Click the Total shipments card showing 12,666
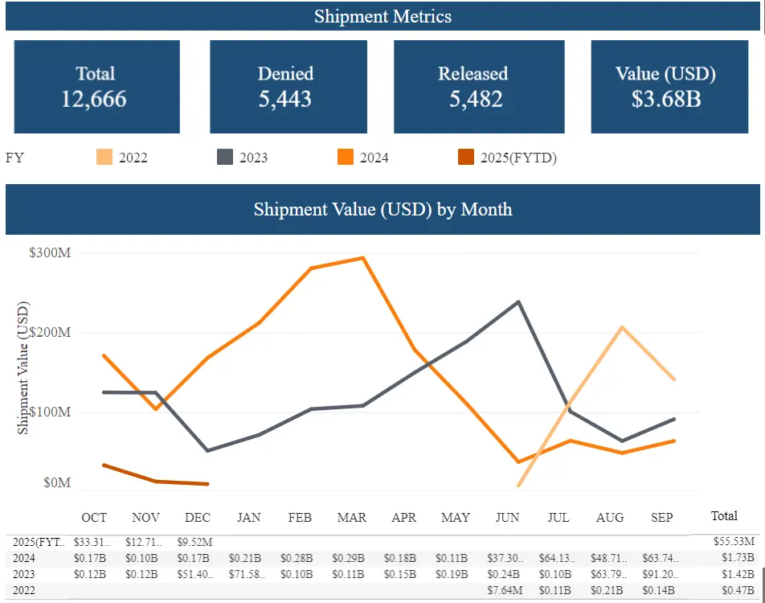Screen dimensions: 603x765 pos(95,87)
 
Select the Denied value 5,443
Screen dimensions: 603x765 pos(285,100)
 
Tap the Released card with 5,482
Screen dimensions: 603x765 pos(472,87)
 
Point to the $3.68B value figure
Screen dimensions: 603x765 pos(665,100)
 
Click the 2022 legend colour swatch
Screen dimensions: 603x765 pos(104,158)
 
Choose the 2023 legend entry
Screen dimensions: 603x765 pos(242,158)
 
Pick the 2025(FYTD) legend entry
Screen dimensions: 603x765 pos(507,158)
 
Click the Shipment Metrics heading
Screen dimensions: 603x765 pos(382,16)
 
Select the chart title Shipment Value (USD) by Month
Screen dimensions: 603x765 pos(382,209)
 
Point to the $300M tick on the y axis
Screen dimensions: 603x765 pos(50,253)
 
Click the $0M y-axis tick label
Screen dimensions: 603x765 pos(56,482)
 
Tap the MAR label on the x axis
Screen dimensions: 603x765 pos(352,517)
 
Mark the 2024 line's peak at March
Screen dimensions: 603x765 pos(363,258)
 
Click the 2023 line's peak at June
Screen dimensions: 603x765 pos(518,302)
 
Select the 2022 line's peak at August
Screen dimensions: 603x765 pos(622,327)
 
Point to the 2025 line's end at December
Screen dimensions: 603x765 pos(208,484)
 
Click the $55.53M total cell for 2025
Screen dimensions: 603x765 pos(734,543)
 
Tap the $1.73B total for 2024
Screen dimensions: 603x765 pos(738,557)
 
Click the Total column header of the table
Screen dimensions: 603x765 pos(724,515)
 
